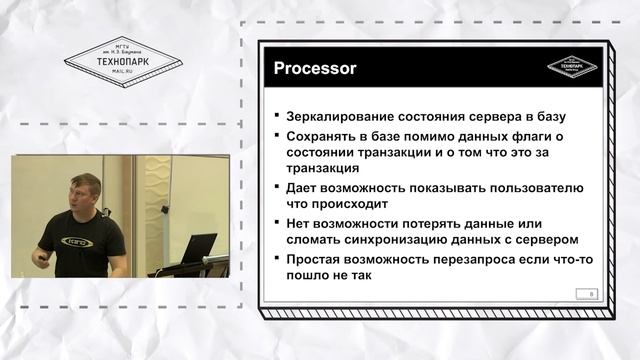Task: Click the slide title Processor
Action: click(x=316, y=68)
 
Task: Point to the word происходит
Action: click(x=355, y=204)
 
